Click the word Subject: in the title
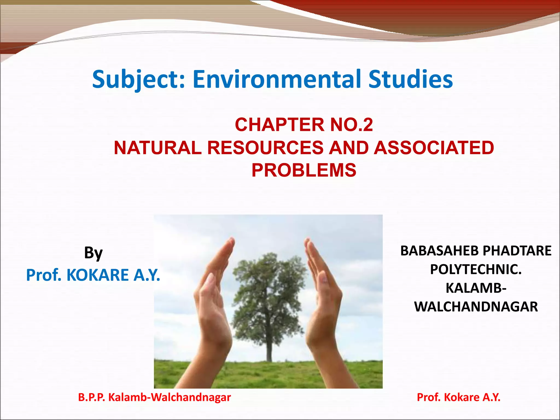(138, 79)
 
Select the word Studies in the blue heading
(410, 79)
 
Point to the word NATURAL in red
(157, 148)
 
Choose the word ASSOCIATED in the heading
(434, 148)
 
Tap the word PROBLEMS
(304, 170)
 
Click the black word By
(93, 253)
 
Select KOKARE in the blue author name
(97, 275)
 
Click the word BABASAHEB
(439, 250)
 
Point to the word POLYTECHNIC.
(476, 269)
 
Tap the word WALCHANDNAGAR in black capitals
(476, 307)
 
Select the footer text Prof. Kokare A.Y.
(459, 397)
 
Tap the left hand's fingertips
(231, 242)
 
